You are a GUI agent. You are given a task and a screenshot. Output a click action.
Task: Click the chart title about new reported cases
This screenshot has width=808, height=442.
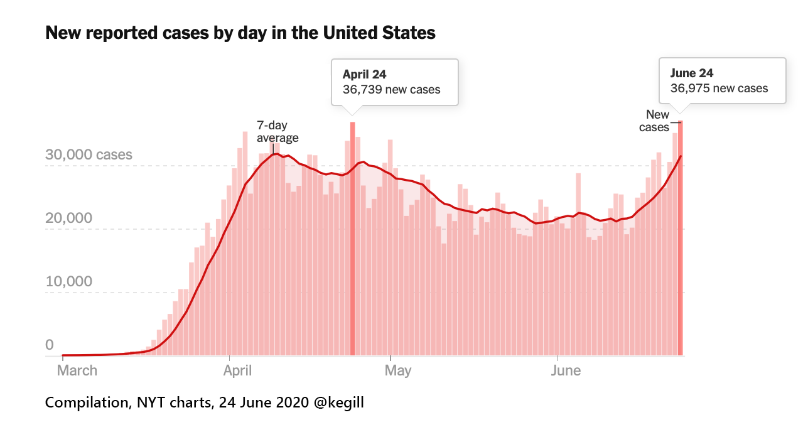[x=240, y=33]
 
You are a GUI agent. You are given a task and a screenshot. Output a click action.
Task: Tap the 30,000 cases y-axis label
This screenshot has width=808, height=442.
[x=89, y=154]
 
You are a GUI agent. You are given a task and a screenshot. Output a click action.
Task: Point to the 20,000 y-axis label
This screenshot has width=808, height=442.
[x=69, y=218]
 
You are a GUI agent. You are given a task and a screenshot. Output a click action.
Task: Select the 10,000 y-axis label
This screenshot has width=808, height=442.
[x=69, y=281]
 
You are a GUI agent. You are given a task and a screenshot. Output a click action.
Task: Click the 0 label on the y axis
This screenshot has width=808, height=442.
[x=50, y=345]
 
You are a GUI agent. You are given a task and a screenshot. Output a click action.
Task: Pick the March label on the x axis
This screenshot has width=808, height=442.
[x=77, y=370]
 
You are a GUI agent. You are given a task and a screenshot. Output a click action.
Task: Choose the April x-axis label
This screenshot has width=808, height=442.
[x=237, y=370]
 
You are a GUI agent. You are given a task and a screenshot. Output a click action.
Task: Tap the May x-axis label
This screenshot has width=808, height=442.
[x=398, y=370]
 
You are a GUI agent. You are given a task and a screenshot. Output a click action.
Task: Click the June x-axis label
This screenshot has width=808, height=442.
[x=566, y=370]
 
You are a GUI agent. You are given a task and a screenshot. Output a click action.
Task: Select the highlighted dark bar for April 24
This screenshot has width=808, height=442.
[x=353, y=239]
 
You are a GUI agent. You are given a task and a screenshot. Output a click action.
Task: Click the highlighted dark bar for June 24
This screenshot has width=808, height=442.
[x=681, y=239]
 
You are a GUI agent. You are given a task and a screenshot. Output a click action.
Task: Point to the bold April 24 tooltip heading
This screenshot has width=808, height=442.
[x=364, y=75]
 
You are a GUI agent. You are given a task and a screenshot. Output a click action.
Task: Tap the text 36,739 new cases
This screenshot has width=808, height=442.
[x=391, y=89]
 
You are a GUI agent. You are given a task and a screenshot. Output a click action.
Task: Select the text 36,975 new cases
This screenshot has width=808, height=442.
[x=719, y=88]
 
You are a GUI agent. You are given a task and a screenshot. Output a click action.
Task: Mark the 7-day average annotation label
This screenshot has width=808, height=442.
[x=277, y=132]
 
